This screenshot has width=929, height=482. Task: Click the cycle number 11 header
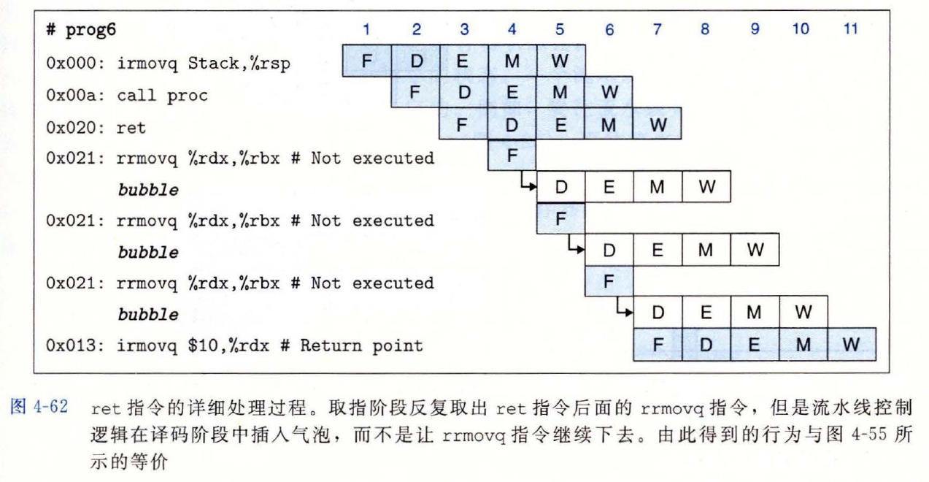tap(849, 29)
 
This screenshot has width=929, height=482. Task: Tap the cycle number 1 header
tap(366, 29)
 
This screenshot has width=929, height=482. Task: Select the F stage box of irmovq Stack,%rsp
tap(367, 61)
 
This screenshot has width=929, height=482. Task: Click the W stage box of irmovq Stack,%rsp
tap(560, 61)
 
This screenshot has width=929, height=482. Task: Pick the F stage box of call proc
tap(415, 93)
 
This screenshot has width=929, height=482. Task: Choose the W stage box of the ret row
tap(657, 125)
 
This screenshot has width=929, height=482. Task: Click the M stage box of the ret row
tap(608, 125)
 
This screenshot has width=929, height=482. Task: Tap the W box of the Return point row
tap(850, 345)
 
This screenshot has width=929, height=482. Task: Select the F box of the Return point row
tap(657, 345)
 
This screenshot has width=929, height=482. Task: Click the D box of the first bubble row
tap(560, 188)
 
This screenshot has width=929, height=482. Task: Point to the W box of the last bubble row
tap(803, 313)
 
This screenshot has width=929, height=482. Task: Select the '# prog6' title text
tap(80, 31)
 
